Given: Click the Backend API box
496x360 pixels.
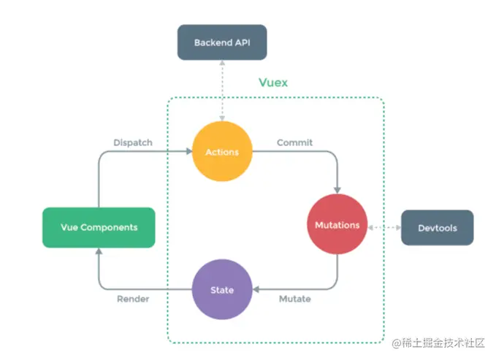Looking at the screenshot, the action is pyautogui.click(x=222, y=42).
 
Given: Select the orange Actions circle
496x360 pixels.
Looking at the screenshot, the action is pyautogui.click(x=222, y=151).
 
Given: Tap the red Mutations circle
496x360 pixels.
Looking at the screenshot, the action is pyautogui.click(x=337, y=224).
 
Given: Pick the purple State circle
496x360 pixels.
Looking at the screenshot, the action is pyautogui.click(x=222, y=289).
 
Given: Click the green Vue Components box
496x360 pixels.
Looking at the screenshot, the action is pyautogui.click(x=99, y=227).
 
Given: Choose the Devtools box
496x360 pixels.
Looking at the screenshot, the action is pyautogui.click(x=438, y=228).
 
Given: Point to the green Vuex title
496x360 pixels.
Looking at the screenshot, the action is pyautogui.click(x=273, y=83).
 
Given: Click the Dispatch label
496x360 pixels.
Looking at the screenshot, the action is pyautogui.click(x=133, y=142).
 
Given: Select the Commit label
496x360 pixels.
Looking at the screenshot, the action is pyautogui.click(x=294, y=142).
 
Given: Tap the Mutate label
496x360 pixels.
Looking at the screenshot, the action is pyautogui.click(x=295, y=299).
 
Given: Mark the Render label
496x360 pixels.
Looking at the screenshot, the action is pyautogui.click(x=133, y=299).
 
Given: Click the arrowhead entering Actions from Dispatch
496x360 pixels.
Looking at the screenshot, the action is pyautogui.click(x=189, y=151).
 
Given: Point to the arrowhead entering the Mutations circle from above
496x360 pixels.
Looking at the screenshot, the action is pyautogui.click(x=337, y=190).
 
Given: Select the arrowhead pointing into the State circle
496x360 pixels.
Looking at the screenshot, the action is pyautogui.click(x=256, y=289).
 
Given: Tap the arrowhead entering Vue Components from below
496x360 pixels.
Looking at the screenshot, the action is pyautogui.click(x=99, y=251).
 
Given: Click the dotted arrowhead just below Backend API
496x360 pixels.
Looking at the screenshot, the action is pyautogui.click(x=222, y=63).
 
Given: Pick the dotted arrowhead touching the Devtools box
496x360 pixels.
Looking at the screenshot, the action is pyautogui.click(x=398, y=227).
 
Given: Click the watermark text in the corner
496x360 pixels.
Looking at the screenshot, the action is pyautogui.click(x=438, y=343).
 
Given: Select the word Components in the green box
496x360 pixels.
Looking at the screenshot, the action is pyautogui.click(x=109, y=227).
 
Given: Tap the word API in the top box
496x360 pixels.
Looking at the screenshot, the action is pyautogui.click(x=243, y=42).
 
